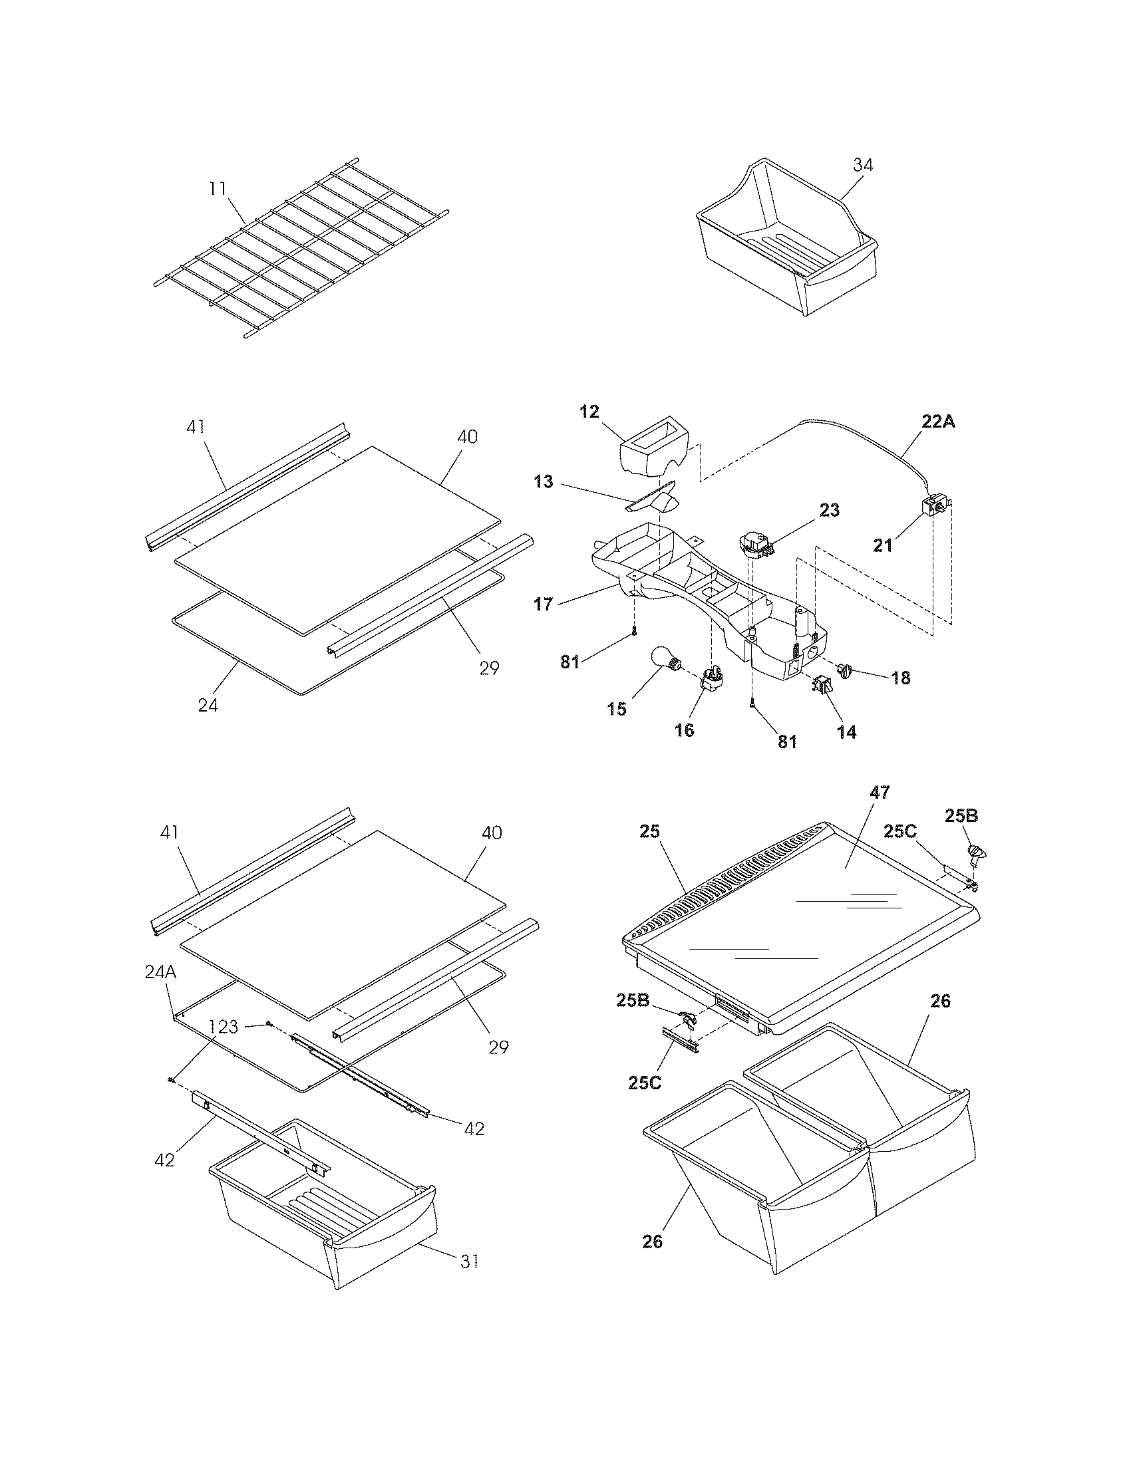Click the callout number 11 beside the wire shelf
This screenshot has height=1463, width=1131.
[218, 189]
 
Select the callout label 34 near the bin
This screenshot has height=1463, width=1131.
[863, 165]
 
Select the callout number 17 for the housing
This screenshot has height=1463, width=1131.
[544, 604]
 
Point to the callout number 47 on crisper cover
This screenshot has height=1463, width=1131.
[880, 793]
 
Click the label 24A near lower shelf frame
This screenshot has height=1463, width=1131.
[160, 973]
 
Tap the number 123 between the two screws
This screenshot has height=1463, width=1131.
[224, 1026]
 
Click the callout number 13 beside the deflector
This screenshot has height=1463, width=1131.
[544, 481]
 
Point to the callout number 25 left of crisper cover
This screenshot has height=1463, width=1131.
[649, 831]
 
